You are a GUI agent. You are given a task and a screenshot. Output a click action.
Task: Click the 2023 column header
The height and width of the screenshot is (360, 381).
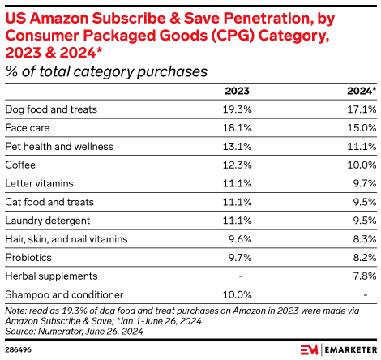pos(237,92)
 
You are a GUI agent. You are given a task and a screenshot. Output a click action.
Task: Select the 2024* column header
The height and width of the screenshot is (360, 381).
pos(362,92)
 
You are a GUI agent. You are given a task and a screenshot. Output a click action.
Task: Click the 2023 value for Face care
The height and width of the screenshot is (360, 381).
pos(236,127)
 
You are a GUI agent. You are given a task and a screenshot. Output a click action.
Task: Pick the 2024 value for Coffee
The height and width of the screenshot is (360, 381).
pos(361,165)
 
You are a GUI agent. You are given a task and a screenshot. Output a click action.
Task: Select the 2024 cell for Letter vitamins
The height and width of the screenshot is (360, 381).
pos(363,183)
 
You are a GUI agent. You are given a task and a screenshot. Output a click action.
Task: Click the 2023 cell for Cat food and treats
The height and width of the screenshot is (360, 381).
pos(236,202)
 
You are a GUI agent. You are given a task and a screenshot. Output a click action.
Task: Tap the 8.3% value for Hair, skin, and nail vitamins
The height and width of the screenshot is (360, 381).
pos(363,239)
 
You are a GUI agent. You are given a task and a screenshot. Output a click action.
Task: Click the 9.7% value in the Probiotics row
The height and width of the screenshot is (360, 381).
pos(238,258)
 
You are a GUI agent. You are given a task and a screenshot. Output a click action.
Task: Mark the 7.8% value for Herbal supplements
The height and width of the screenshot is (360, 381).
pos(363,276)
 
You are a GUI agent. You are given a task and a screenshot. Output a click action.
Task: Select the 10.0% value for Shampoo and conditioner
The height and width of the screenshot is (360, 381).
pos(236,295)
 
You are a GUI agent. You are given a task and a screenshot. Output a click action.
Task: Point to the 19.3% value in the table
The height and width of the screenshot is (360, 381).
pos(236,109)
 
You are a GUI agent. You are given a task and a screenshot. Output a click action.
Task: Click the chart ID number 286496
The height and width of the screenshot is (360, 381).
pos(19,349)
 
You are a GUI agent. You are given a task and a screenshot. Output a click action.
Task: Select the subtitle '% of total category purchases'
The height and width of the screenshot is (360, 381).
pos(105,71)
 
